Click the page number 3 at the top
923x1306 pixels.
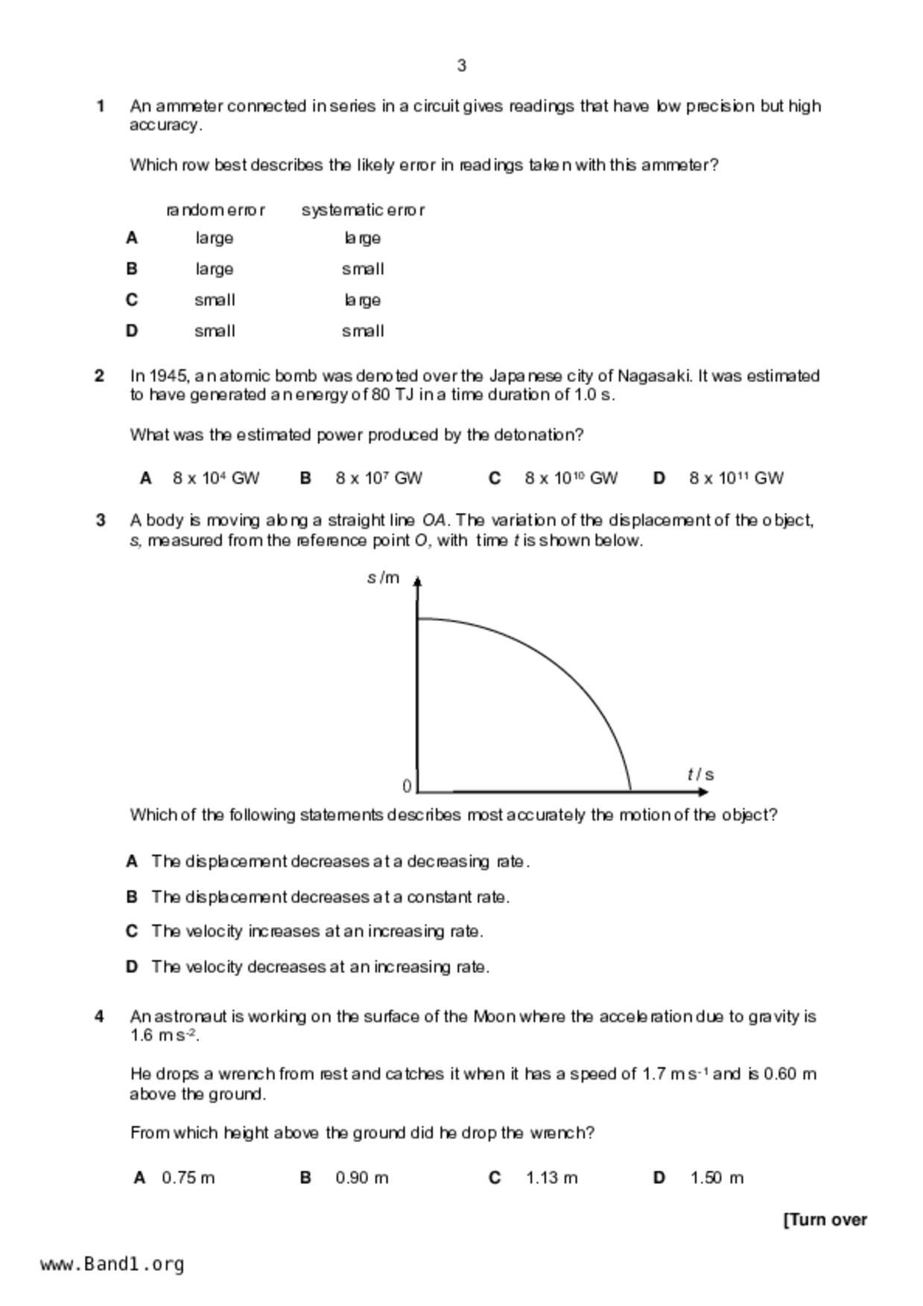pyautogui.click(x=461, y=66)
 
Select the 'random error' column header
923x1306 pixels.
pyautogui.click(x=215, y=210)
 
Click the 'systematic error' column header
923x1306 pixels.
pyautogui.click(x=363, y=210)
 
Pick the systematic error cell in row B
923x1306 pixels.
pyautogui.click(x=363, y=269)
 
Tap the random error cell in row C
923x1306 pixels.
pyautogui.click(x=215, y=300)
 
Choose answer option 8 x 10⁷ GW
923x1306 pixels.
pyautogui.click(x=378, y=478)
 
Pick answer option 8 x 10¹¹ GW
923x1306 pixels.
pyautogui.click(x=735, y=478)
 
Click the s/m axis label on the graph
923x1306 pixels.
pyautogui.click(x=383, y=578)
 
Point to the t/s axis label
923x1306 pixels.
pyautogui.click(x=700, y=774)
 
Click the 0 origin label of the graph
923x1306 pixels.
pyautogui.click(x=407, y=786)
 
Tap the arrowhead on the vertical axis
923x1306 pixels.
pyautogui.click(x=417, y=581)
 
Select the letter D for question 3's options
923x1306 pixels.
pyautogui.click(x=132, y=966)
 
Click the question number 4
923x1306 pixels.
pyautogui.click(x=100, y=1016)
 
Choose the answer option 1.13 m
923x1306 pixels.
pyautogui.click(x=551, y=1177)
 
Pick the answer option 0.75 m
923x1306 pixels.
pyautogui.click(x=188, y=1177)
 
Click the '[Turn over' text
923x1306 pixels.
pyautogui.click(x=825, y=1220)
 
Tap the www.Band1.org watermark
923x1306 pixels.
pyautogui.click(x=112, y=1264)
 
